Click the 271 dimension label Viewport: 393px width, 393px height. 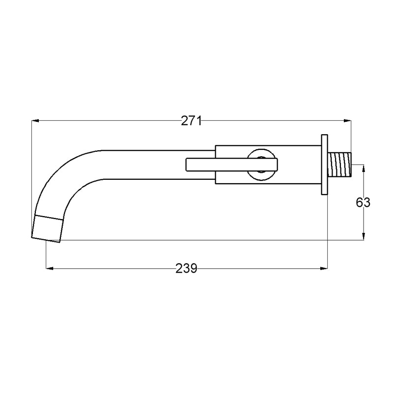tap(191, 121)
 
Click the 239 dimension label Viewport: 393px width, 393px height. tap(186, 268)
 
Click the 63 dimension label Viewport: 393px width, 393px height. tap(363, 202)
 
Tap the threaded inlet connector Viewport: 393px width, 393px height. tap(339, 165)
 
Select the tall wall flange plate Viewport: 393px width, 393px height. tap(325, 165)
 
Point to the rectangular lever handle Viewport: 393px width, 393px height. tap(231, 165)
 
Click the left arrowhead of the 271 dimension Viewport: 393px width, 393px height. tap(35, 121)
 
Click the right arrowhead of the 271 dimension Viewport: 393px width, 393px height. tap(347, 121)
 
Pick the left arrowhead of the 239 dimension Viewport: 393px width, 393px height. tap(50, 268)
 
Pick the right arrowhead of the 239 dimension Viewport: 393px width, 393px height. tap(324, 268)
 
